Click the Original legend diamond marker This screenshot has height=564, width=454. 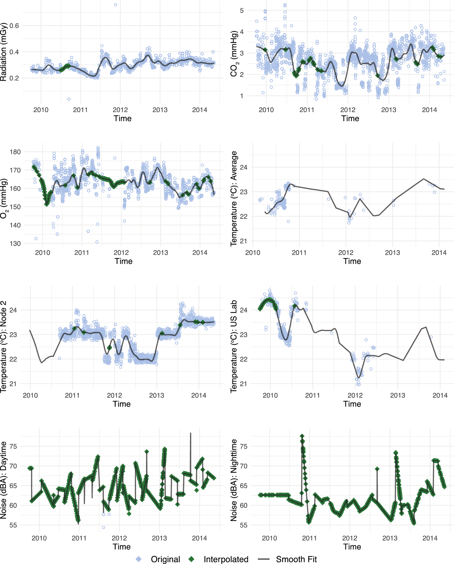(x=139, y=559)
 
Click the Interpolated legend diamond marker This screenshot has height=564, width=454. (x=192, y=559)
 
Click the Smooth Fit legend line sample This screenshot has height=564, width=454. (x=263, y=559)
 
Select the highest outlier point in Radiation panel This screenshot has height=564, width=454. (x=115, y=5)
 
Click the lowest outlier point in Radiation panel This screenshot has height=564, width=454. (x=69, y=99)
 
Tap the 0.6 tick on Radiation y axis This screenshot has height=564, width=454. (x=14, y=26)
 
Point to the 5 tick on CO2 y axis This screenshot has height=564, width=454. (x=241, y=11)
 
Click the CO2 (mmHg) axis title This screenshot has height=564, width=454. (x=234, y=54)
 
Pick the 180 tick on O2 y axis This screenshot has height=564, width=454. (x=15, y=152)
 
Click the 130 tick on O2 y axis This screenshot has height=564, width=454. (x=15, y=243)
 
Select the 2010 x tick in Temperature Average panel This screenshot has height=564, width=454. (x=252, y=253)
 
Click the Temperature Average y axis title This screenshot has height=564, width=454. (x=234, y=199)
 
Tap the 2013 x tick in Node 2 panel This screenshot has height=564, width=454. (x=156, y=395)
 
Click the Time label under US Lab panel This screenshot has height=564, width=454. (x=352, y=404)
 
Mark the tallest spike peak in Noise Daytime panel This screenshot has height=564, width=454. (x=190, y=433)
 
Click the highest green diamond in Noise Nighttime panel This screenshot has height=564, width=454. (x=302, y=436)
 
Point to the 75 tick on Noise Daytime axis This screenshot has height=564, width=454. (x=13, y=446)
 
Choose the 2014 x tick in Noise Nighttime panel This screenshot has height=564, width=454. (x=430, y=538)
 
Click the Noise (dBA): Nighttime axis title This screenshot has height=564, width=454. (x=234, y=480)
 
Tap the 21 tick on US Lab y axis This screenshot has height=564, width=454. (x=243, y=384)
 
